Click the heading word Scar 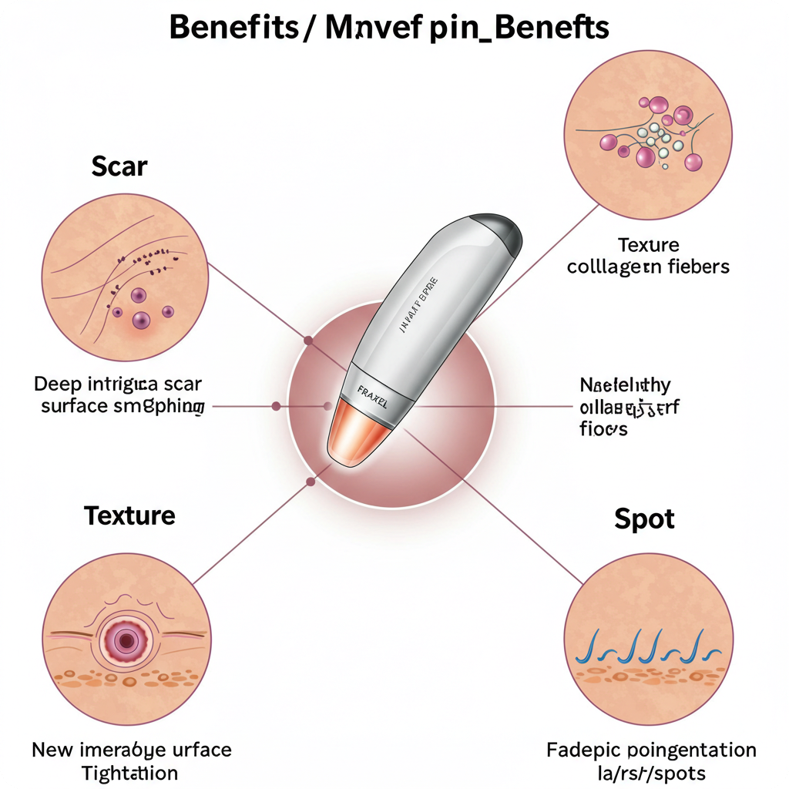coord(119,166)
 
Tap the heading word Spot coord(644,519)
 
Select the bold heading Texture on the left coord(129,515)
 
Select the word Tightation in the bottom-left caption coord(130,773)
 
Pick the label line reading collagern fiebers coord(648,267)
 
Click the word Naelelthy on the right coord(625,384)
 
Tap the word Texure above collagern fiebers coord(648,245)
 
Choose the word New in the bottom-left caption coord(52,750)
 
